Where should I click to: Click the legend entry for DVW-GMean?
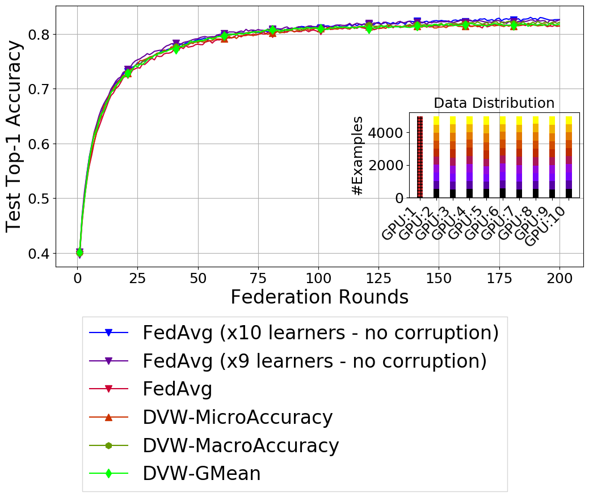[x=201, y=473]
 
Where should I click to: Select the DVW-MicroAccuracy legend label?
[x=237, y=417]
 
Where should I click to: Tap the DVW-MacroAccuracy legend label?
[x=241, y=445]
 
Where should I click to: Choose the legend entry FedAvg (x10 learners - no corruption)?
[x=321, y=332]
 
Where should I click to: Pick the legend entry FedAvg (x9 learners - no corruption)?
[x=314, y=361]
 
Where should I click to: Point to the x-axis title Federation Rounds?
[x=319, y=297]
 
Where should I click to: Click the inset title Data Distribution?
[x=494, y=103]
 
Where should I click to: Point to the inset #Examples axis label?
[x=357, y=155]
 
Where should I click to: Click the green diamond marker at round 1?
[x=79, y=252]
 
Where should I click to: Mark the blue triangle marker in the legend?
[x=109, y=332]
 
